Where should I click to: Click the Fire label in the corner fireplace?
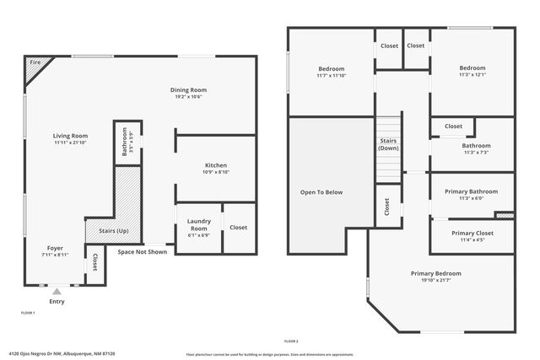35,62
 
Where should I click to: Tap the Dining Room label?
188,90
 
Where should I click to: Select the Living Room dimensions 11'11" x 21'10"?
71,143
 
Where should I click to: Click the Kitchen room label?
216,164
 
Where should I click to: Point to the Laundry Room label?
198,224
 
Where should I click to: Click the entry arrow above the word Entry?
57,291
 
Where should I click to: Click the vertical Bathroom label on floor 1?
124,140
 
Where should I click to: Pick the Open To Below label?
321,192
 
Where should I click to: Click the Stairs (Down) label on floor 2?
389,144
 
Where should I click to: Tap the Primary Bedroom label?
436,273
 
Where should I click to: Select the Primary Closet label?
472,233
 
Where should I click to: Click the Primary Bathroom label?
471,191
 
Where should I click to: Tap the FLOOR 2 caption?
291,341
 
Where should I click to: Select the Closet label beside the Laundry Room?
238,227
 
